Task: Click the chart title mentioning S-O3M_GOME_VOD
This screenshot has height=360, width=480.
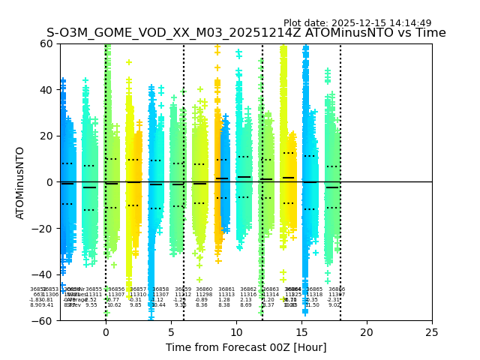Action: [x=246, y=33]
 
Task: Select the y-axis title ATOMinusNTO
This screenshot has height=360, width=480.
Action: [x=21, y=182]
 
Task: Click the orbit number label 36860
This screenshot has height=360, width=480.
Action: [x=204, y=289]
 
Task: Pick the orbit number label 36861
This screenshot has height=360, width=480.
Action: [x=226, y=289]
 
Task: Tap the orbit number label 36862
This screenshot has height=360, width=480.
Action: [x=248, y=289]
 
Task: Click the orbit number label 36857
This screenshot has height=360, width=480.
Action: [x=138, y=289]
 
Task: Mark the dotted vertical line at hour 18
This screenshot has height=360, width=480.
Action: [x=340, y=150]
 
